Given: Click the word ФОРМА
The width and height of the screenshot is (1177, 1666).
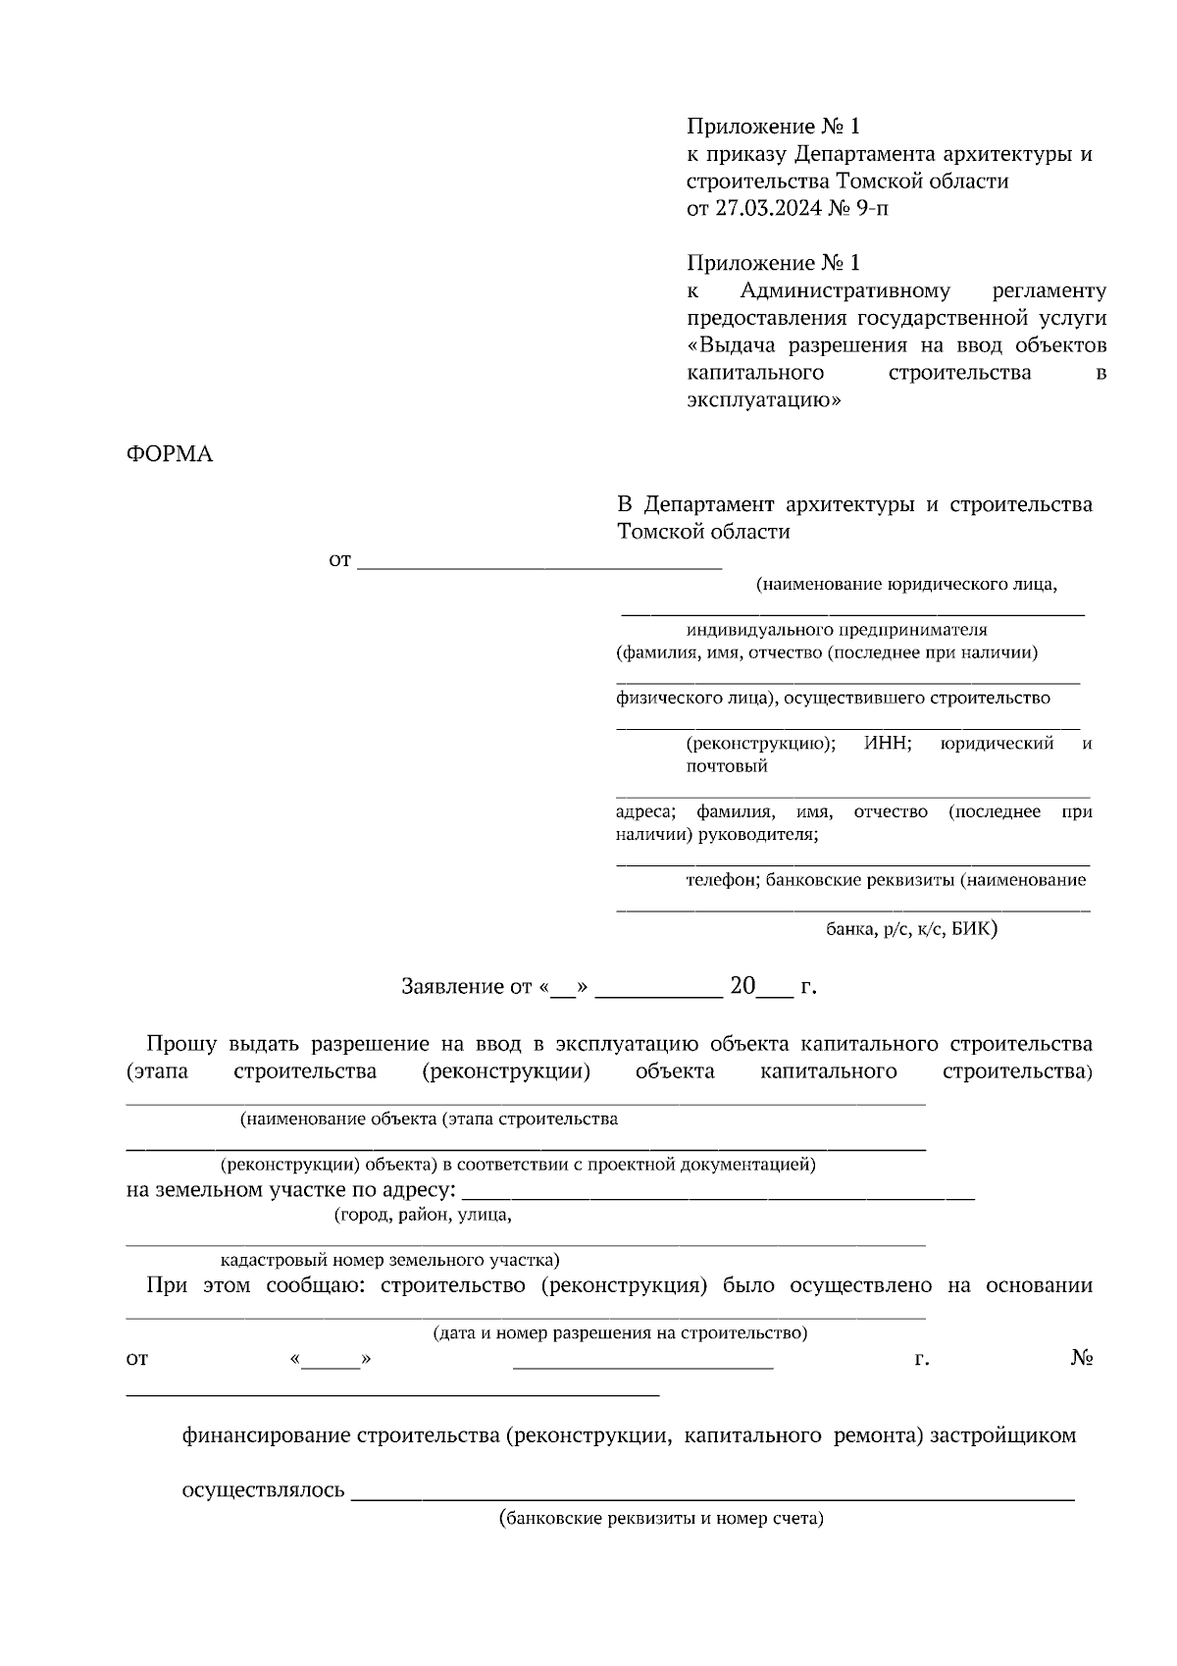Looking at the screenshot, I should coord(170,454).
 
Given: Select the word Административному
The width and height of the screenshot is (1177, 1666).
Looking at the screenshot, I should coord(844,290).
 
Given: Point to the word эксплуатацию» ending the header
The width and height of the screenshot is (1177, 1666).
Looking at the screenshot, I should coord(764,400).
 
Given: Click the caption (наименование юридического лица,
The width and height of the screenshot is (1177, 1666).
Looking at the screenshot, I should coord(906,585).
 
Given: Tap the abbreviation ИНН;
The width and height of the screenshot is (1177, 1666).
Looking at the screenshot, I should coord(888,744).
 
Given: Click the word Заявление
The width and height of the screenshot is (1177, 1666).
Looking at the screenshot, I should coord(452,987).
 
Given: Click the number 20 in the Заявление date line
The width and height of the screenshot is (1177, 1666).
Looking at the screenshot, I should coord(742,986).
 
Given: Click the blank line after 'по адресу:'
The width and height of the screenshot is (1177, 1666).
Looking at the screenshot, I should coord(718,1194).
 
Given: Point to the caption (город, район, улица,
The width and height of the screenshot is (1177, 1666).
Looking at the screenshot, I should coord(423,1215).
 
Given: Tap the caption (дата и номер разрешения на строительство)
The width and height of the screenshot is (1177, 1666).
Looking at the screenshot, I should coord(621,1333).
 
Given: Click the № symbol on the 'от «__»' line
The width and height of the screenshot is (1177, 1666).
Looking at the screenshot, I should coord(1082,1359).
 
